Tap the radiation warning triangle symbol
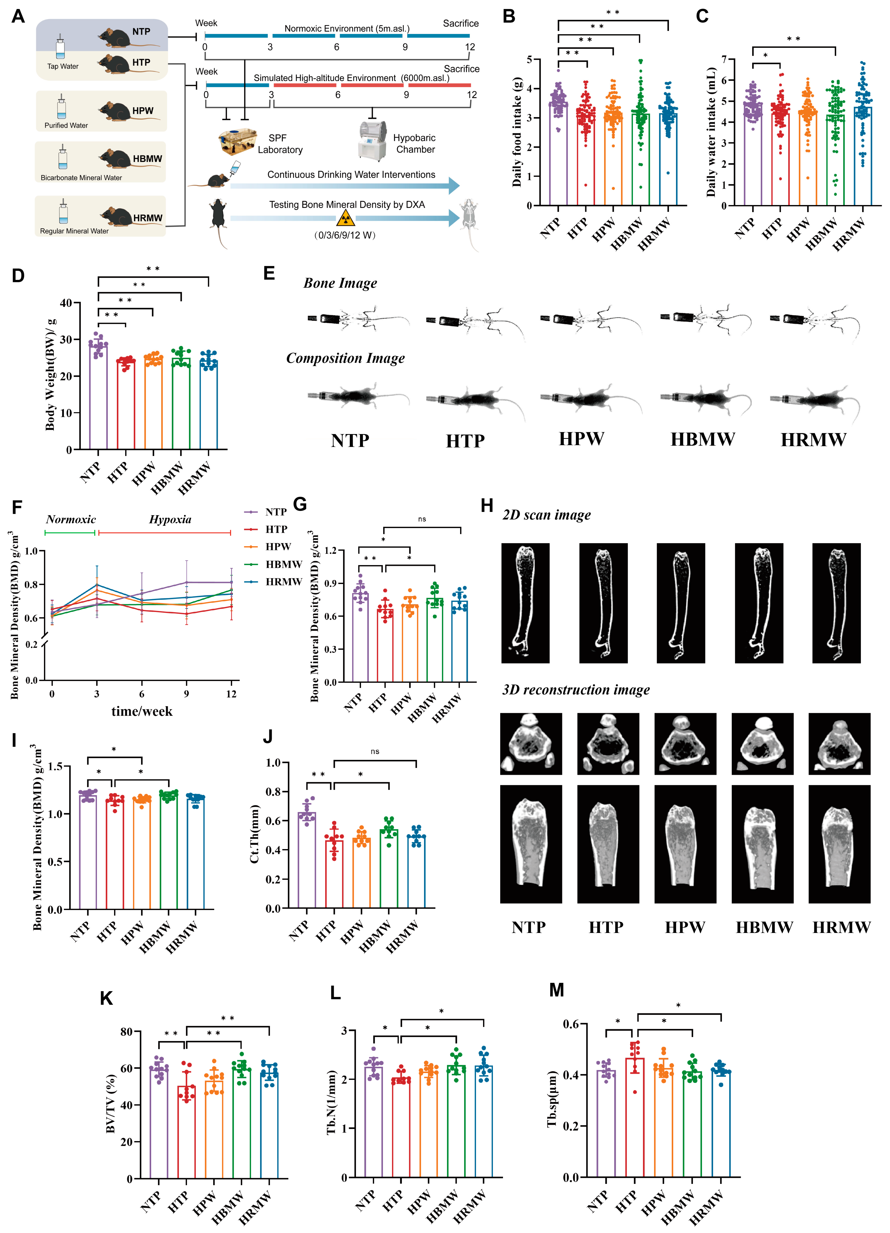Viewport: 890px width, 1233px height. coord(346,219)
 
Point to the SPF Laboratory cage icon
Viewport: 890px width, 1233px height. coord(237,141)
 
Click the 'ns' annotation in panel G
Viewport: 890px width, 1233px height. coord(422,519)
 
